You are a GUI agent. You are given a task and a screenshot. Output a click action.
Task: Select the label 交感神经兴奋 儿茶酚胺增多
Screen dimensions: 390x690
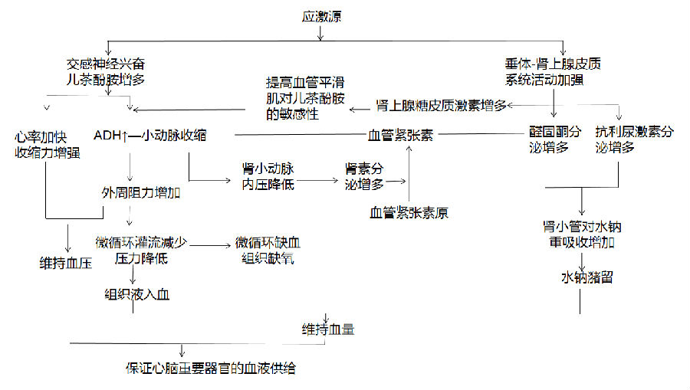pos(106,72)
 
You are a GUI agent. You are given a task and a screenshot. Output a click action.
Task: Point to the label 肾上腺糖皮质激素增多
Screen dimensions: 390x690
pos(441,105)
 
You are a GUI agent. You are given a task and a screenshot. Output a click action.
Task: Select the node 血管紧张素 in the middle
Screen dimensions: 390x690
pos(400,136)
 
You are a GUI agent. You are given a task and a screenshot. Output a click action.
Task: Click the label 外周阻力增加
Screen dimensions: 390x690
pos(140,192)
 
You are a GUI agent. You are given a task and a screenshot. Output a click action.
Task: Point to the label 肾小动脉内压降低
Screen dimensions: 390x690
pos(268,176)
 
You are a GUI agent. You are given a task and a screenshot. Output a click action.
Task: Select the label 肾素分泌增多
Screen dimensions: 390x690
pos(363,176)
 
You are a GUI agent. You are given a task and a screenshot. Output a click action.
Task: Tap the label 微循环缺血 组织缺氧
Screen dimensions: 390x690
pos(268,250)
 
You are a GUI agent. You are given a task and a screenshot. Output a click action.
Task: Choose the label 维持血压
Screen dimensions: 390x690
pos(66,262)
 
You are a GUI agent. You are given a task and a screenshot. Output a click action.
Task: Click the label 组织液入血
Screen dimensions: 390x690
pos(137,293)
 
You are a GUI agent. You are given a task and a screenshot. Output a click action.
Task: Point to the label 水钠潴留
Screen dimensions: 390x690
pos(586,277)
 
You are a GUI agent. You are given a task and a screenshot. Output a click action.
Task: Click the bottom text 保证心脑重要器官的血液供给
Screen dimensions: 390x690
pos(211,368)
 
